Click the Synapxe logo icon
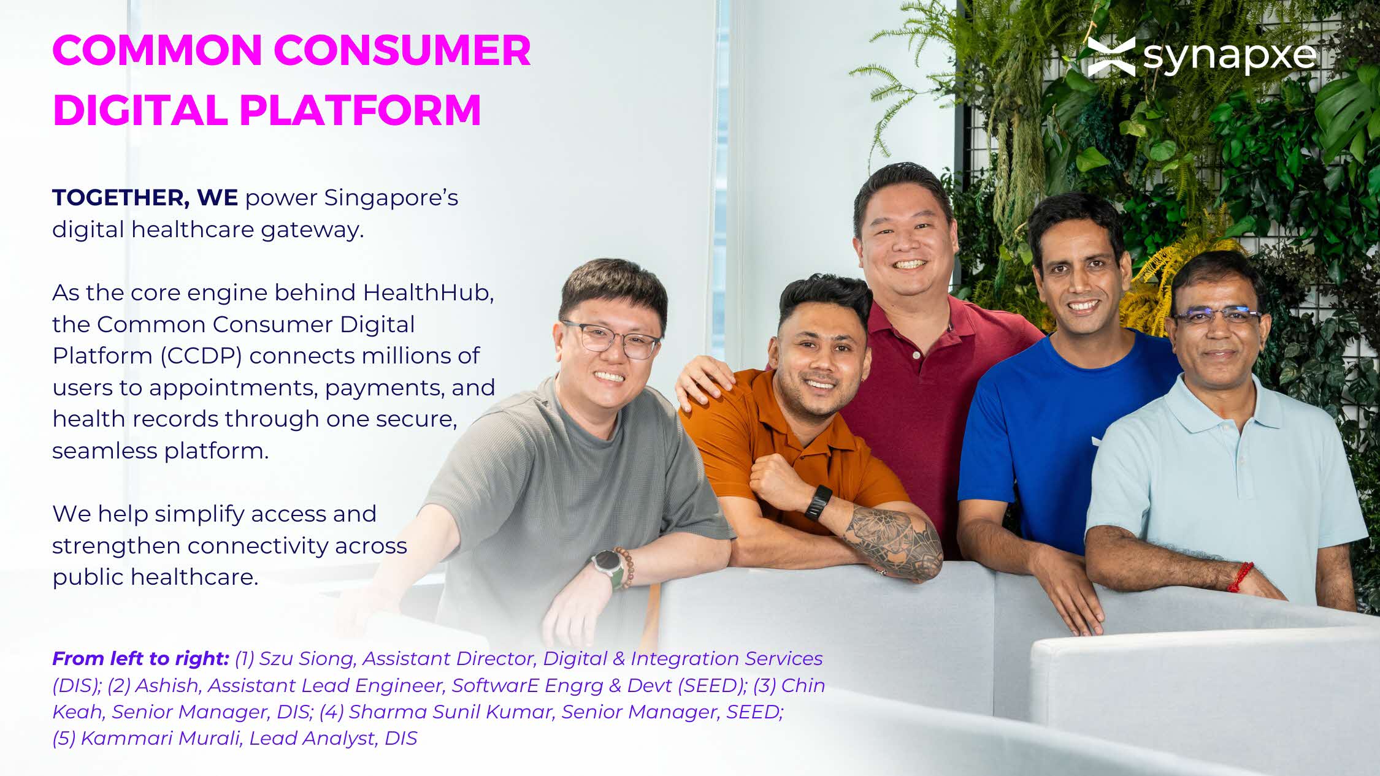pos(1111,56)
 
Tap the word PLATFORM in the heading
pos(360,110)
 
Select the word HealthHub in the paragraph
pos(428,292)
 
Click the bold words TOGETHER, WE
pos(145,198)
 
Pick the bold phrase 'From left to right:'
pos(140,658)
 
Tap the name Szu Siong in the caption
pos(307,659)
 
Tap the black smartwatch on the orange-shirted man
pos(818,503)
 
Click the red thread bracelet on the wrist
pos(1240,577)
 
